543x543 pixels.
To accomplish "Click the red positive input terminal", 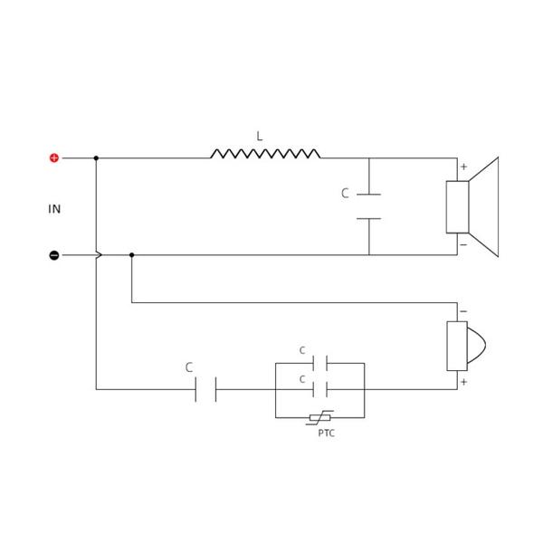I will pos(54,158).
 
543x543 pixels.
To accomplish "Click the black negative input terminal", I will pos(54,255).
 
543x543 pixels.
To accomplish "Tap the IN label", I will pos(54,209).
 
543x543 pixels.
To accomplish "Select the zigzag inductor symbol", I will pos(265,154).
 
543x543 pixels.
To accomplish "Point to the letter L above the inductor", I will pos(259,137).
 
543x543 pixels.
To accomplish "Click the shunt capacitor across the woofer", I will pos(369,206).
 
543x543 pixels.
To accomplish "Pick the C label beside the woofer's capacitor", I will pos(345,194).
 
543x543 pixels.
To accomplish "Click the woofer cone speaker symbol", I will pos(473,206).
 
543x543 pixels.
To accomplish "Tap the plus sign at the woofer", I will pos(463,167).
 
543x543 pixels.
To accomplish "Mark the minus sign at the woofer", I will pos(463,244).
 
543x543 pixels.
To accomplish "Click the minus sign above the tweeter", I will pos(463,312).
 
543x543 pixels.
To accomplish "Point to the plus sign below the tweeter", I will pos(463,382).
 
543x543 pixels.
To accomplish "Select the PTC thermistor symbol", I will pos(320,417).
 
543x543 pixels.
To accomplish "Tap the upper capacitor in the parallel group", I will pos(319,363).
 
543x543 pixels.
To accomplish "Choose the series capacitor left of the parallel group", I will pos(206,390).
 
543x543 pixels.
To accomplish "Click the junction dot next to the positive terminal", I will pos(96,158).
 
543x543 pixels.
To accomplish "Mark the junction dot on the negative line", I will pos(132,255).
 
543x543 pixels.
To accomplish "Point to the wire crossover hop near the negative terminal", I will pos(98,255).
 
